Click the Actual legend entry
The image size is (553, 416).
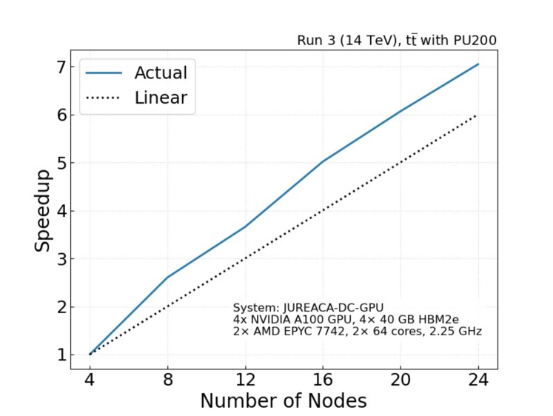160,73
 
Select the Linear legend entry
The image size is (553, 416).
160,98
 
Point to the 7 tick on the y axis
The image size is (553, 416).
61,67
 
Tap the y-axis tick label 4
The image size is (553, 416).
61,211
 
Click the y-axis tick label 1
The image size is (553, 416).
61,355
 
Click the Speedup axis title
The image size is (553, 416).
43,210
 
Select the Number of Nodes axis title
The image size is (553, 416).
283,401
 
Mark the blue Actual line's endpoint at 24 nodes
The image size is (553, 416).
478,64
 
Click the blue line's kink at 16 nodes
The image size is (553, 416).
322,161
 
